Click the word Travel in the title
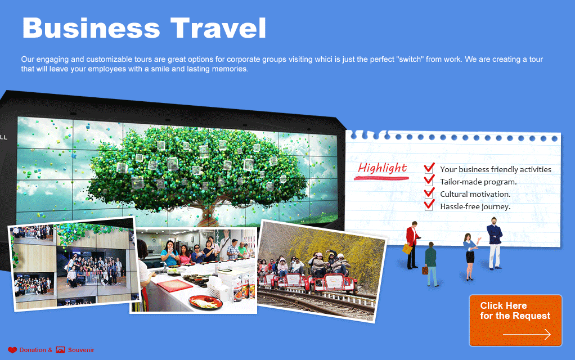[x=218, y=28]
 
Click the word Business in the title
[x=91, y=28]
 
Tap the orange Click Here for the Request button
[x=515, y=321]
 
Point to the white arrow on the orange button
[x=527, y=334]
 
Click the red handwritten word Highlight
[x=382, y=168]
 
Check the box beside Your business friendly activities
[x=429, y=168]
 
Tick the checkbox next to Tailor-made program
[x=429, y=181]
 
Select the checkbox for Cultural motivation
[x=429, y=193]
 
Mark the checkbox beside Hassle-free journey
[x=429, y=205]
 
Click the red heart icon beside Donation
[x=12, y=350]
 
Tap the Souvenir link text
[x=81, y=350]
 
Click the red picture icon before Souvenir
[x=61, y=350]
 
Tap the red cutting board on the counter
[x=175, y=285]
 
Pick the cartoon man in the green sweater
[x=431, y=264]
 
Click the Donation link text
[x=33, y=350]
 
